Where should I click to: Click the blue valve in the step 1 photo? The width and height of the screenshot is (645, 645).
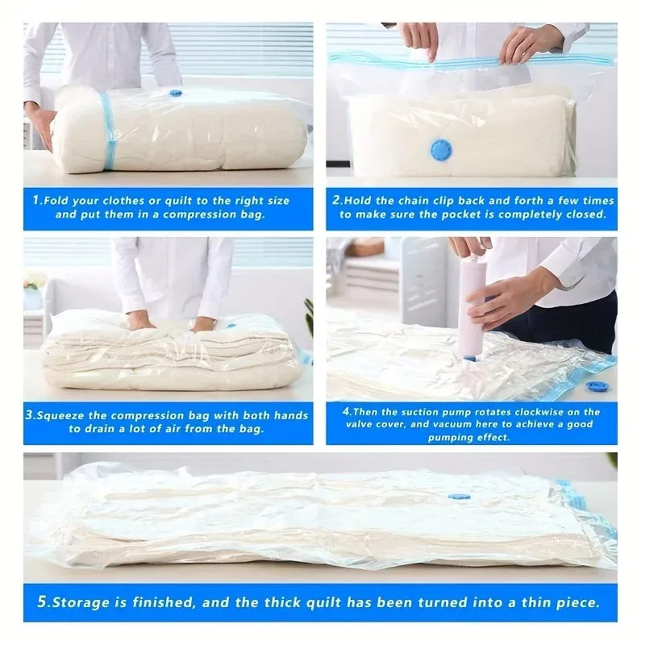(175, 94)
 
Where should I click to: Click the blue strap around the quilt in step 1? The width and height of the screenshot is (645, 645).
(108, 131)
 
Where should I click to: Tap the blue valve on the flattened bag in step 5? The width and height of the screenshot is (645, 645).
(459, 497)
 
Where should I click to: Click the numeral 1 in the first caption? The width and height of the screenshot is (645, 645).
(36, 200)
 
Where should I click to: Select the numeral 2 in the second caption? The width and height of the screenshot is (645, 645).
(336, 200)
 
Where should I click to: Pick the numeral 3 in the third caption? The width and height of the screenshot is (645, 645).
(29, 414)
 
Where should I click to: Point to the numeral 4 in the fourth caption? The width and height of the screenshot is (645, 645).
(347, 411)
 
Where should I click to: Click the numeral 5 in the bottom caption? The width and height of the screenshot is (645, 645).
(42, 601)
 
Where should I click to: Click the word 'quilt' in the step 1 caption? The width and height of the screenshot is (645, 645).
(179, 201)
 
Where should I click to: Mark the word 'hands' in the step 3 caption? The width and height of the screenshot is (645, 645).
(291, 415)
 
